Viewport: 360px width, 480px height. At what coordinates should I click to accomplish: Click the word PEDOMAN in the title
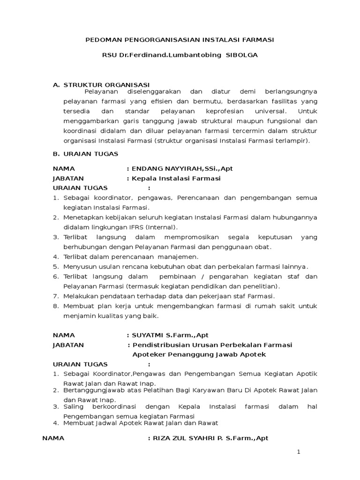pyautogui.click(x=102, y=41)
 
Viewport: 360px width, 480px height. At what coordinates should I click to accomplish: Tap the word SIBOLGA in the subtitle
pyautogui.click(x=242, y=55)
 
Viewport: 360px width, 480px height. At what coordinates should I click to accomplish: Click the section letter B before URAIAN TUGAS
pyautogui.click(x=56, y=153)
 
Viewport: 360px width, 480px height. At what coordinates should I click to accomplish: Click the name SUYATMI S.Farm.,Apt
pyautogui.click(x=171, y=335)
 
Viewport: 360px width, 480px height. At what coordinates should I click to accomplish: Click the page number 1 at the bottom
pyautogui.click(x=298, y=452)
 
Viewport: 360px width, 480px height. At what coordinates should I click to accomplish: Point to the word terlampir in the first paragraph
pyautogui.click(x=293, y=140)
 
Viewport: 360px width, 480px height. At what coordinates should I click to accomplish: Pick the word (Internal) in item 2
pyautogui.click(x=161, y=227)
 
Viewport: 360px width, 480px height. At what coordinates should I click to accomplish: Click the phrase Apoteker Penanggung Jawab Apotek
pyautogui.click(x=199, y=354)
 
